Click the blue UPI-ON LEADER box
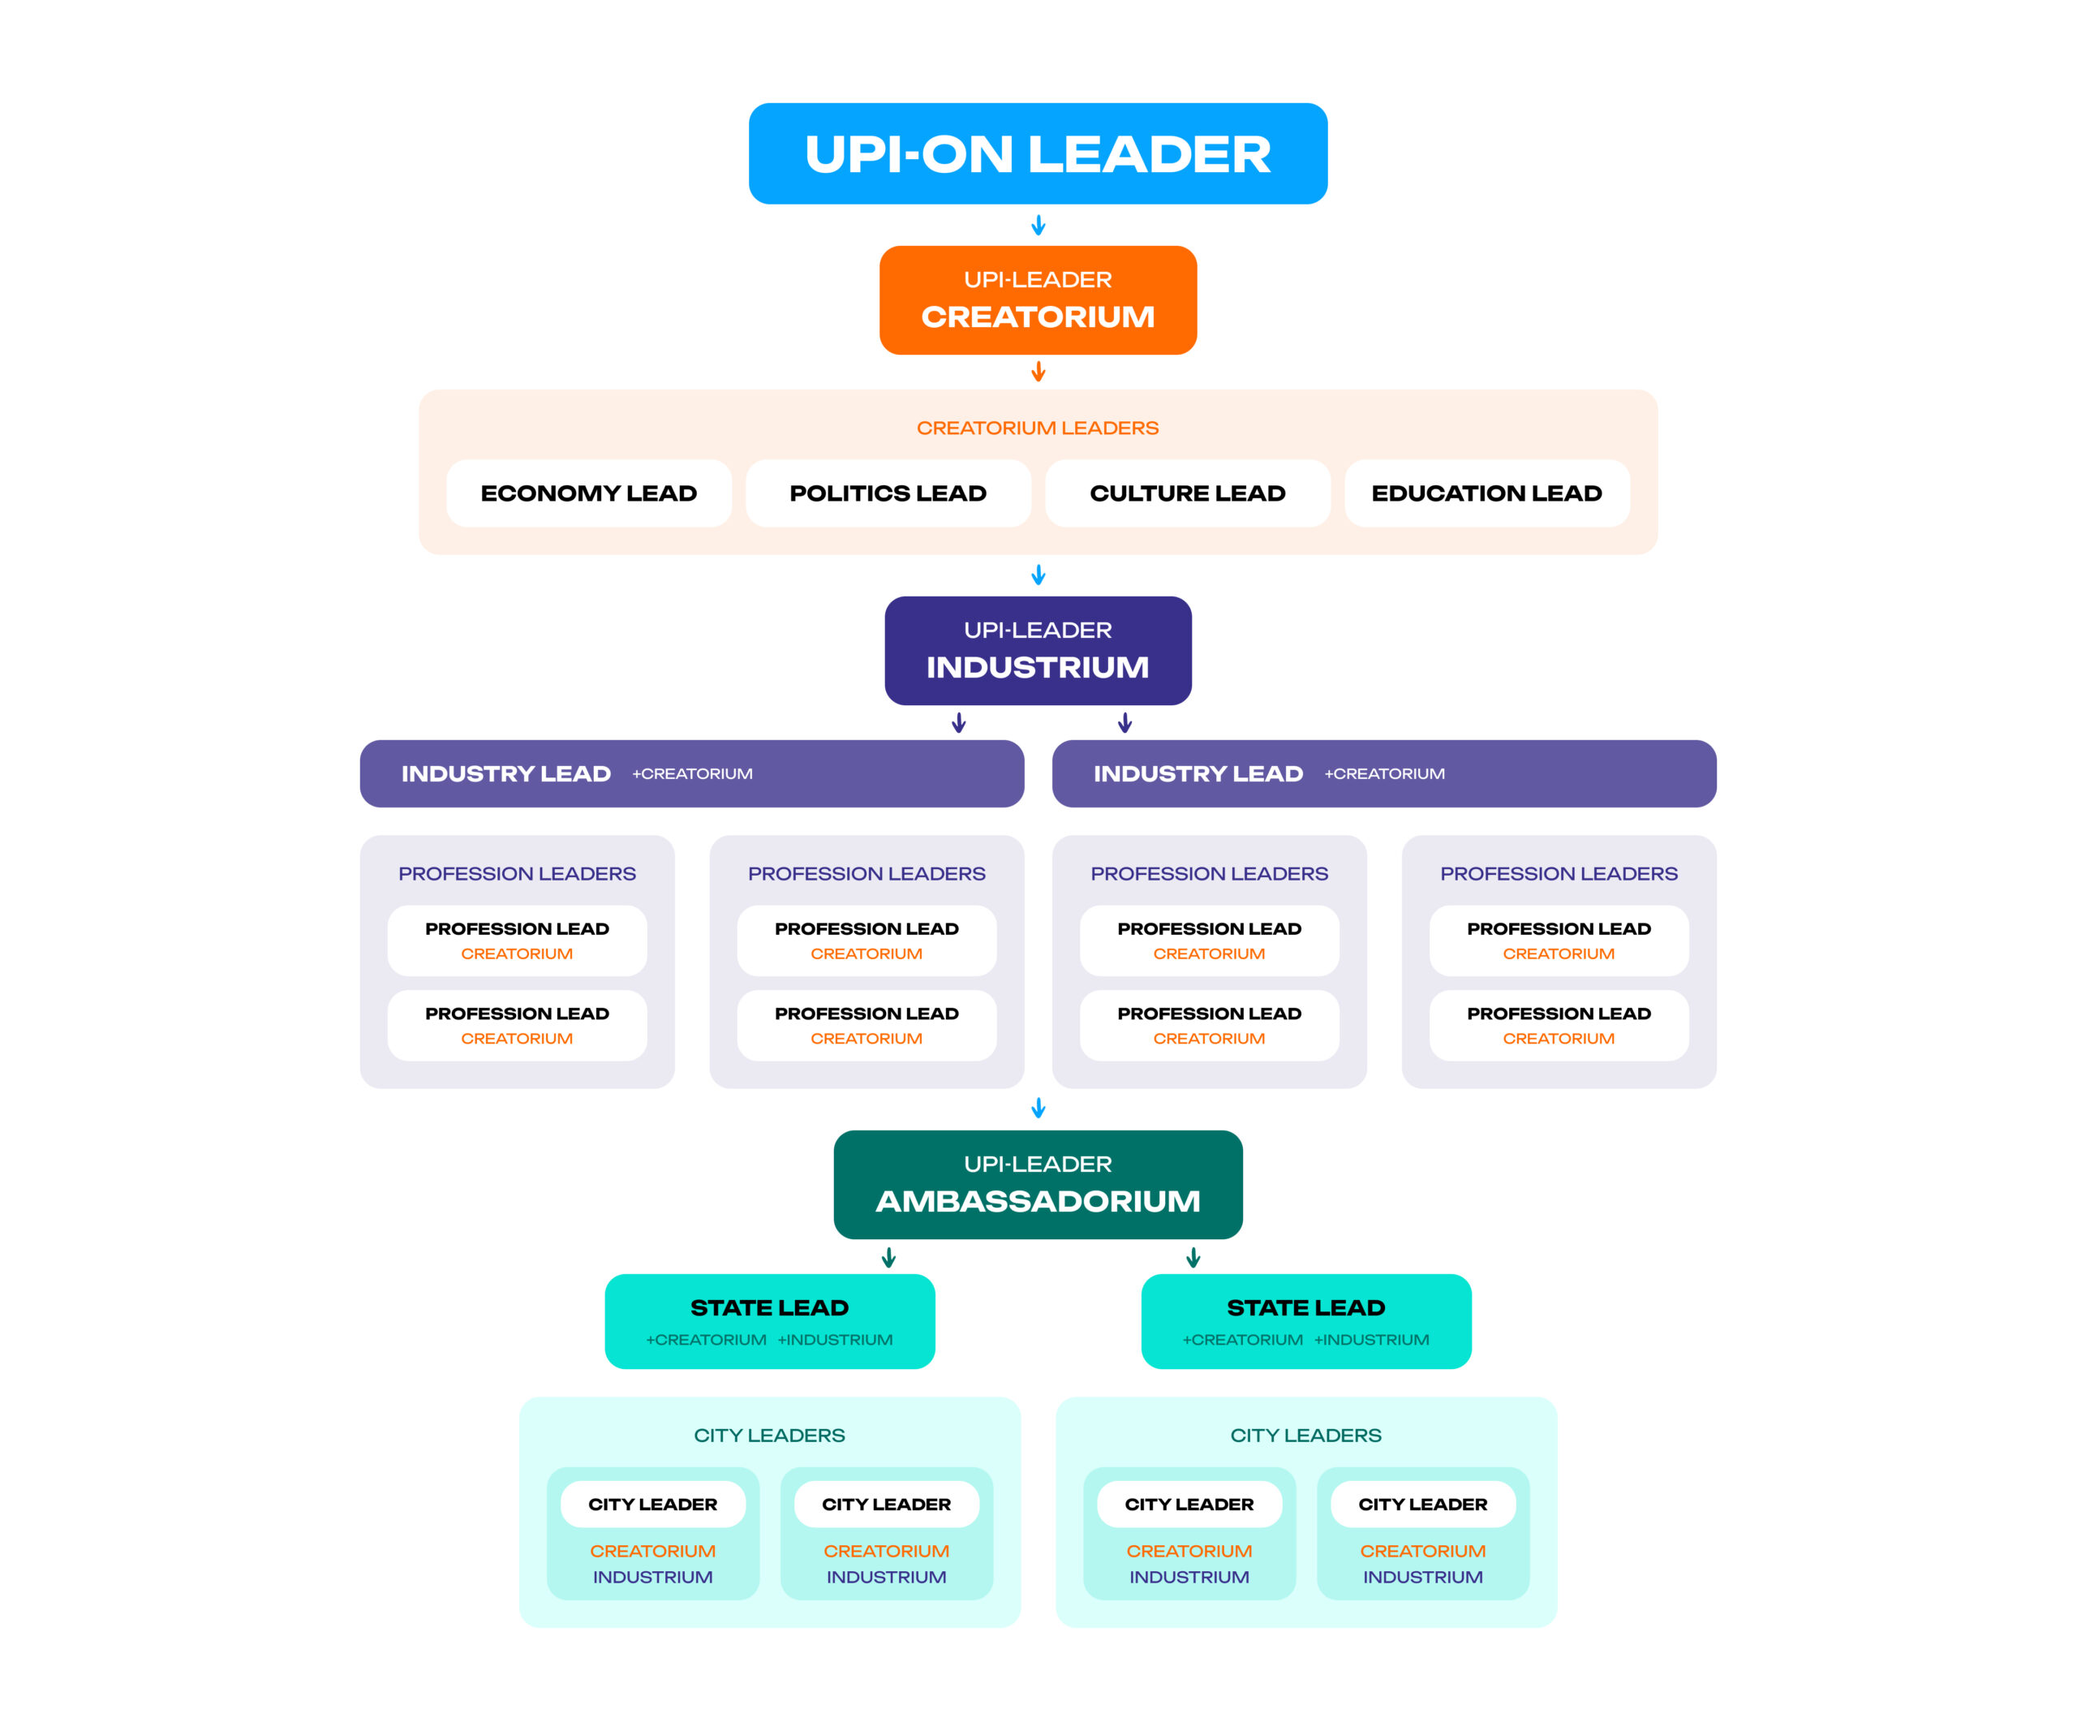(1038, 153)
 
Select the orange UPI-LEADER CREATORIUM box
(1038, 299)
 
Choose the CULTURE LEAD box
(1187, 493)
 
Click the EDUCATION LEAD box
(1486, 493)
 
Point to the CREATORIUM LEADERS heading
(1038, 428)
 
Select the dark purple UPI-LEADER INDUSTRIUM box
(1038, 650)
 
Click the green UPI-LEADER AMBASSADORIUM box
(1038, 1184)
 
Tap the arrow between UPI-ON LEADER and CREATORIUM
(1038, 226)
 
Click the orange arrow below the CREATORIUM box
(1038, 372)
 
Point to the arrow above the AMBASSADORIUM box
(1038, 1108)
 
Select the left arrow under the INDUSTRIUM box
(958, 723)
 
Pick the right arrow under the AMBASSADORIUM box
(1193, 1257)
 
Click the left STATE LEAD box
(769, 1320)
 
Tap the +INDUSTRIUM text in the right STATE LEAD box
(1371, 1339)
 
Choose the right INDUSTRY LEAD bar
(1383, 773)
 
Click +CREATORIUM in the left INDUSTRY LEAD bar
(692, 773)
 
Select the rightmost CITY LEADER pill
(1422, 1504)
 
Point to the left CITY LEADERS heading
(769, 1434)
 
